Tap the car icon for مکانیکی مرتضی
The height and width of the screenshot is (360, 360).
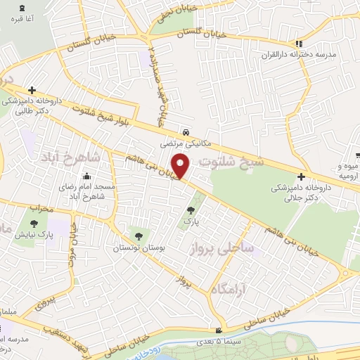coord(185,131)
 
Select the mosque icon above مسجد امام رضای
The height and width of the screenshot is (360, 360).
coord(86,176)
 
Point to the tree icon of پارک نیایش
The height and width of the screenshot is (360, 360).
coord(33,225)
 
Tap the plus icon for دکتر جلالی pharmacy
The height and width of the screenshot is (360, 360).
coord(301,176)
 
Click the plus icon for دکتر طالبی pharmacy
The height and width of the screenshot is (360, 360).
coord(32,91)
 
